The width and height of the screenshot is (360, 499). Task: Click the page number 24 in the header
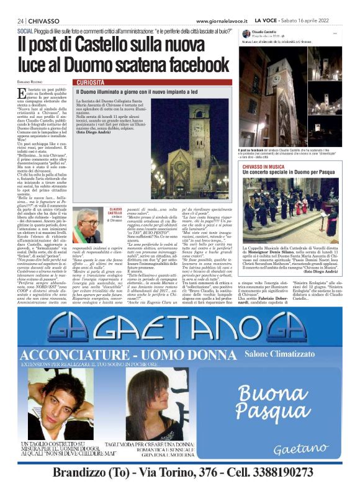20,20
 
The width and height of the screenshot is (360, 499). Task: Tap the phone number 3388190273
273,473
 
